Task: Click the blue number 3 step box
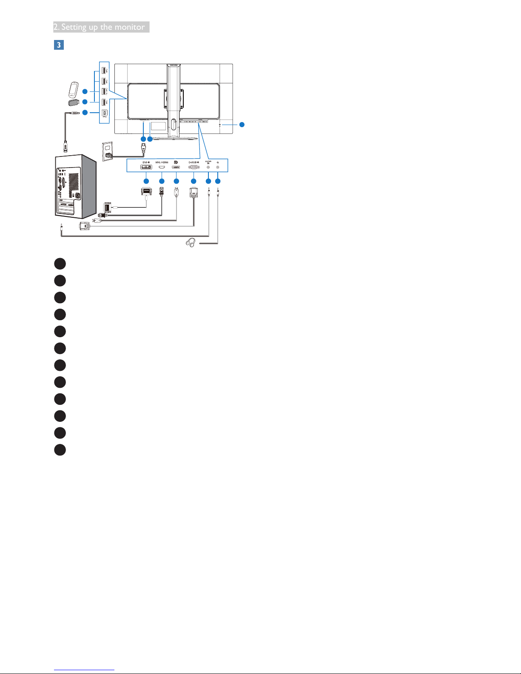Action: (59, 45)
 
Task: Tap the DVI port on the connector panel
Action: (146, 167)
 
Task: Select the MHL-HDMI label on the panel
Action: (162, 162)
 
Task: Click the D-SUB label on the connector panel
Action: (194, 162)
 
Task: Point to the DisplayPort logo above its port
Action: (176, 162)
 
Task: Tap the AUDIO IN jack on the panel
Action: (208, 167)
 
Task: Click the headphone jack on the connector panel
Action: (218, 167)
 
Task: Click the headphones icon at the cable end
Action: (191, 243)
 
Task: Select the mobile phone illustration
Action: (74, 89)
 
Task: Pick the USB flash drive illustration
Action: (74, 102)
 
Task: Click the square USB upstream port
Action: (104, 113)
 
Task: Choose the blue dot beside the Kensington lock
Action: (242, 125)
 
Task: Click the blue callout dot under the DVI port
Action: (146, 181)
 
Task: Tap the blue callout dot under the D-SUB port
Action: (194, 181)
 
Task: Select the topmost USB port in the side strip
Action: (104, 69)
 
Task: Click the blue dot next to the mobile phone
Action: (85, 91)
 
